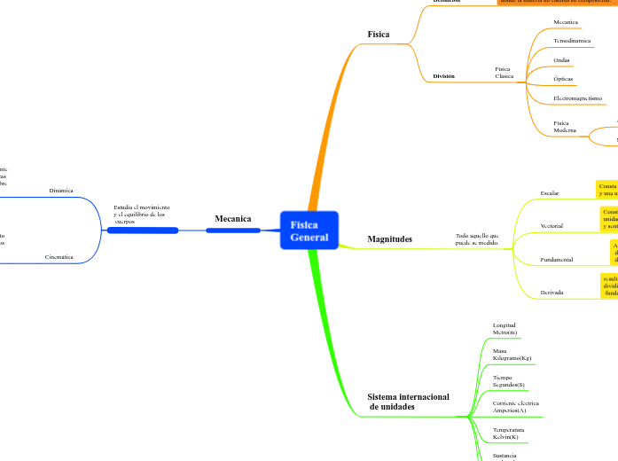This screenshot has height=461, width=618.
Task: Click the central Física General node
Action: [309, 230]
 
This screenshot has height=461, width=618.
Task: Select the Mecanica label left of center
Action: [232, 218]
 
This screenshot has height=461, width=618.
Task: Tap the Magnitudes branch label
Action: [389, 239]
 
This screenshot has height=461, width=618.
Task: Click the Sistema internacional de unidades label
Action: [408, 401]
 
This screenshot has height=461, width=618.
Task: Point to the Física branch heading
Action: [378, 35]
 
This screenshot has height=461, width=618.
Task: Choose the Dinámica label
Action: [61, 191]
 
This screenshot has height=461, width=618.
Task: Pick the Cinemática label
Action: [59, 257]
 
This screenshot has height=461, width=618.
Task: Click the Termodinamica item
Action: [572, 41]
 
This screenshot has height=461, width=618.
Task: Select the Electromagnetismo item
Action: [577, 98]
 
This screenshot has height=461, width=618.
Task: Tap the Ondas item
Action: [561, 60]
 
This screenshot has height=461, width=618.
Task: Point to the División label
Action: [443, 76]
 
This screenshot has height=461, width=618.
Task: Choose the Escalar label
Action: [550, 192]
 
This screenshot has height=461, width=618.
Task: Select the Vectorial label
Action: [552, 226]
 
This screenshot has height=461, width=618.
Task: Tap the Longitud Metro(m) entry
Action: [505, 329]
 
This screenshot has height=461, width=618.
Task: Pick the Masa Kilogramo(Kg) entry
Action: [512, 355]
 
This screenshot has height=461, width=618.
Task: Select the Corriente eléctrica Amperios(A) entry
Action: [515, 407]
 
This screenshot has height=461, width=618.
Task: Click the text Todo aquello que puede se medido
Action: [477, 238]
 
